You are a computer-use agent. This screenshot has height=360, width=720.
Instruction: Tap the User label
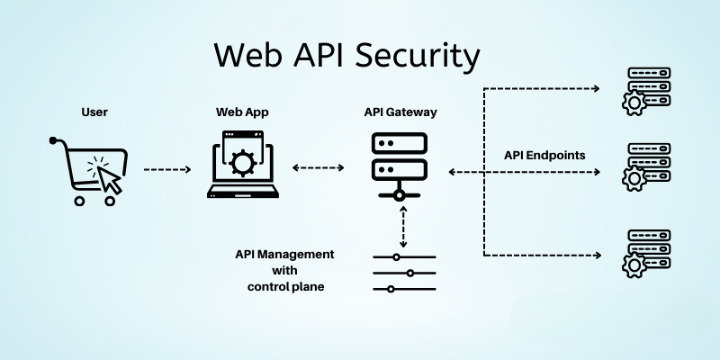point(94,112)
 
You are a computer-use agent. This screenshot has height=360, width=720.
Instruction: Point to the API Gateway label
point(399,112)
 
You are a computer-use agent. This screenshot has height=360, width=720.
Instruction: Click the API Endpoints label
point(544,155)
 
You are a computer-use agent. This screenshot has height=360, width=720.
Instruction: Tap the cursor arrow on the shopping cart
point(108,179)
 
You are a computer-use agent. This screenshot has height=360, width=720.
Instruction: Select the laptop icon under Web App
point(243,169)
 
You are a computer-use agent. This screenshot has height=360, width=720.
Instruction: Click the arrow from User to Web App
point(167,171)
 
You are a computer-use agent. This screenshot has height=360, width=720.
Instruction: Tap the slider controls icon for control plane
point(403,272)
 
